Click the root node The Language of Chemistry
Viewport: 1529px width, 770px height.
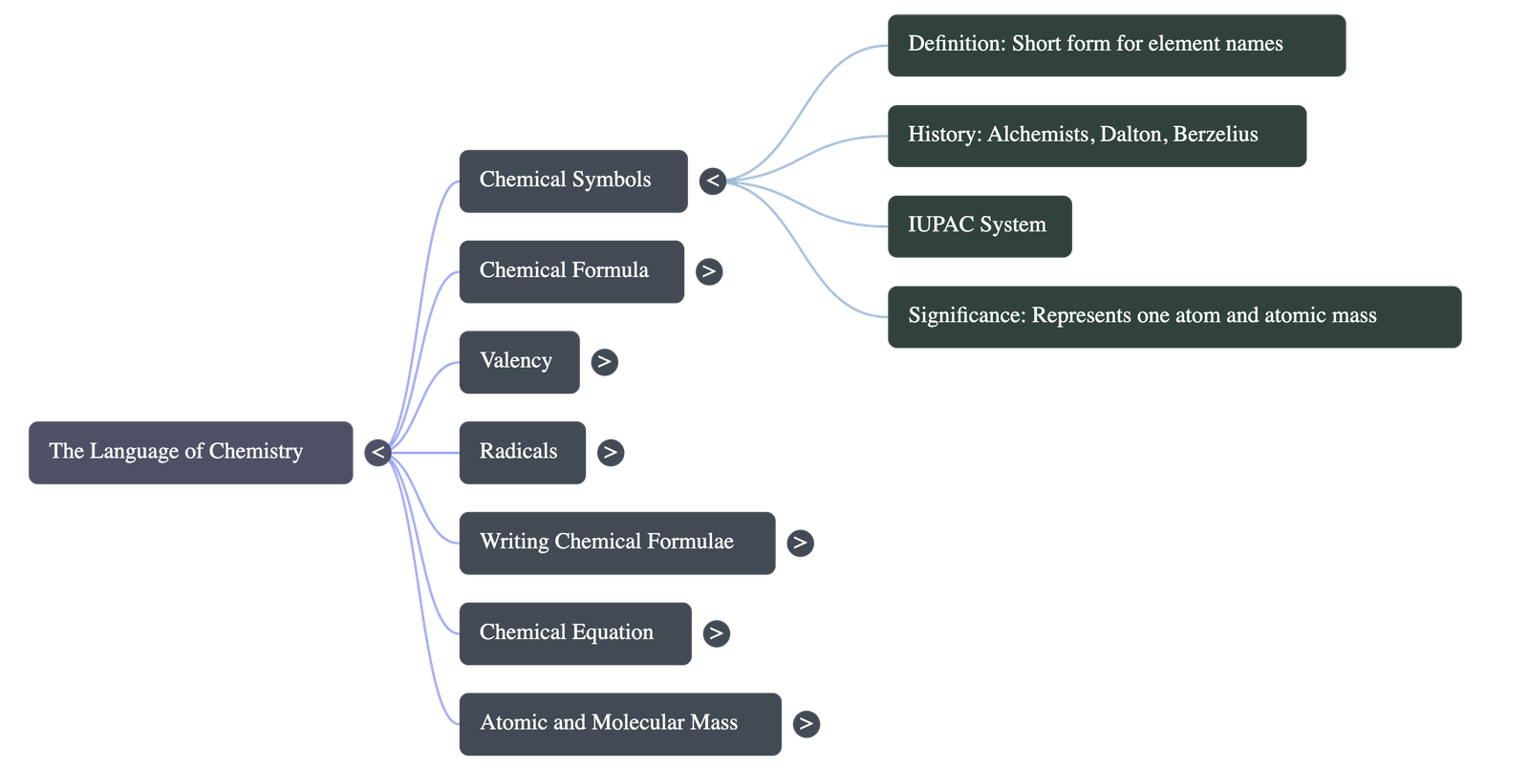point(190,452)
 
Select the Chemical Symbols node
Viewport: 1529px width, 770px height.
point(572,181)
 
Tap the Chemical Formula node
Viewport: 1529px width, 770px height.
point(571,271)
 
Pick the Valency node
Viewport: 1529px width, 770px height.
point(518,361)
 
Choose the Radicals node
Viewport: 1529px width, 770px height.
point(522,452)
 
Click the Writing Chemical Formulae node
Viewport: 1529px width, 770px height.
point(616,543)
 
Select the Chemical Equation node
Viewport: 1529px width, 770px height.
point(574,632)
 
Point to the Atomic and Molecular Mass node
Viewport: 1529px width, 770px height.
point(619,723)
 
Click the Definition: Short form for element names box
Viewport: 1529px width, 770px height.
point(1116,45)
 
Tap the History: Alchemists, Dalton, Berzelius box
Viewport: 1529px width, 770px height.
point(1096,136)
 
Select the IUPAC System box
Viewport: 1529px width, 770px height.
point(979,225)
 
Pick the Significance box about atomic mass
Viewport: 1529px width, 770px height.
point(1174,316)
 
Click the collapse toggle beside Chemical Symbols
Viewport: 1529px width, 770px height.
point(713,181)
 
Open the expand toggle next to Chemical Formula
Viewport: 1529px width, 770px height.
point(708,271)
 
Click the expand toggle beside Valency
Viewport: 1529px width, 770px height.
point(604,361)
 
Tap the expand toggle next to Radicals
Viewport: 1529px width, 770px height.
point(611,452)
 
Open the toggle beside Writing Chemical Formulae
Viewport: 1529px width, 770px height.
point(800,543)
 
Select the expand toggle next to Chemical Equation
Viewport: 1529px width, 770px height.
point(716,632)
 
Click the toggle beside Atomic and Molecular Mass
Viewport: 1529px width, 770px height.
point(806,723)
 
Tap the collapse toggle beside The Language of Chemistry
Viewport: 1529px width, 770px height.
point(377,452)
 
